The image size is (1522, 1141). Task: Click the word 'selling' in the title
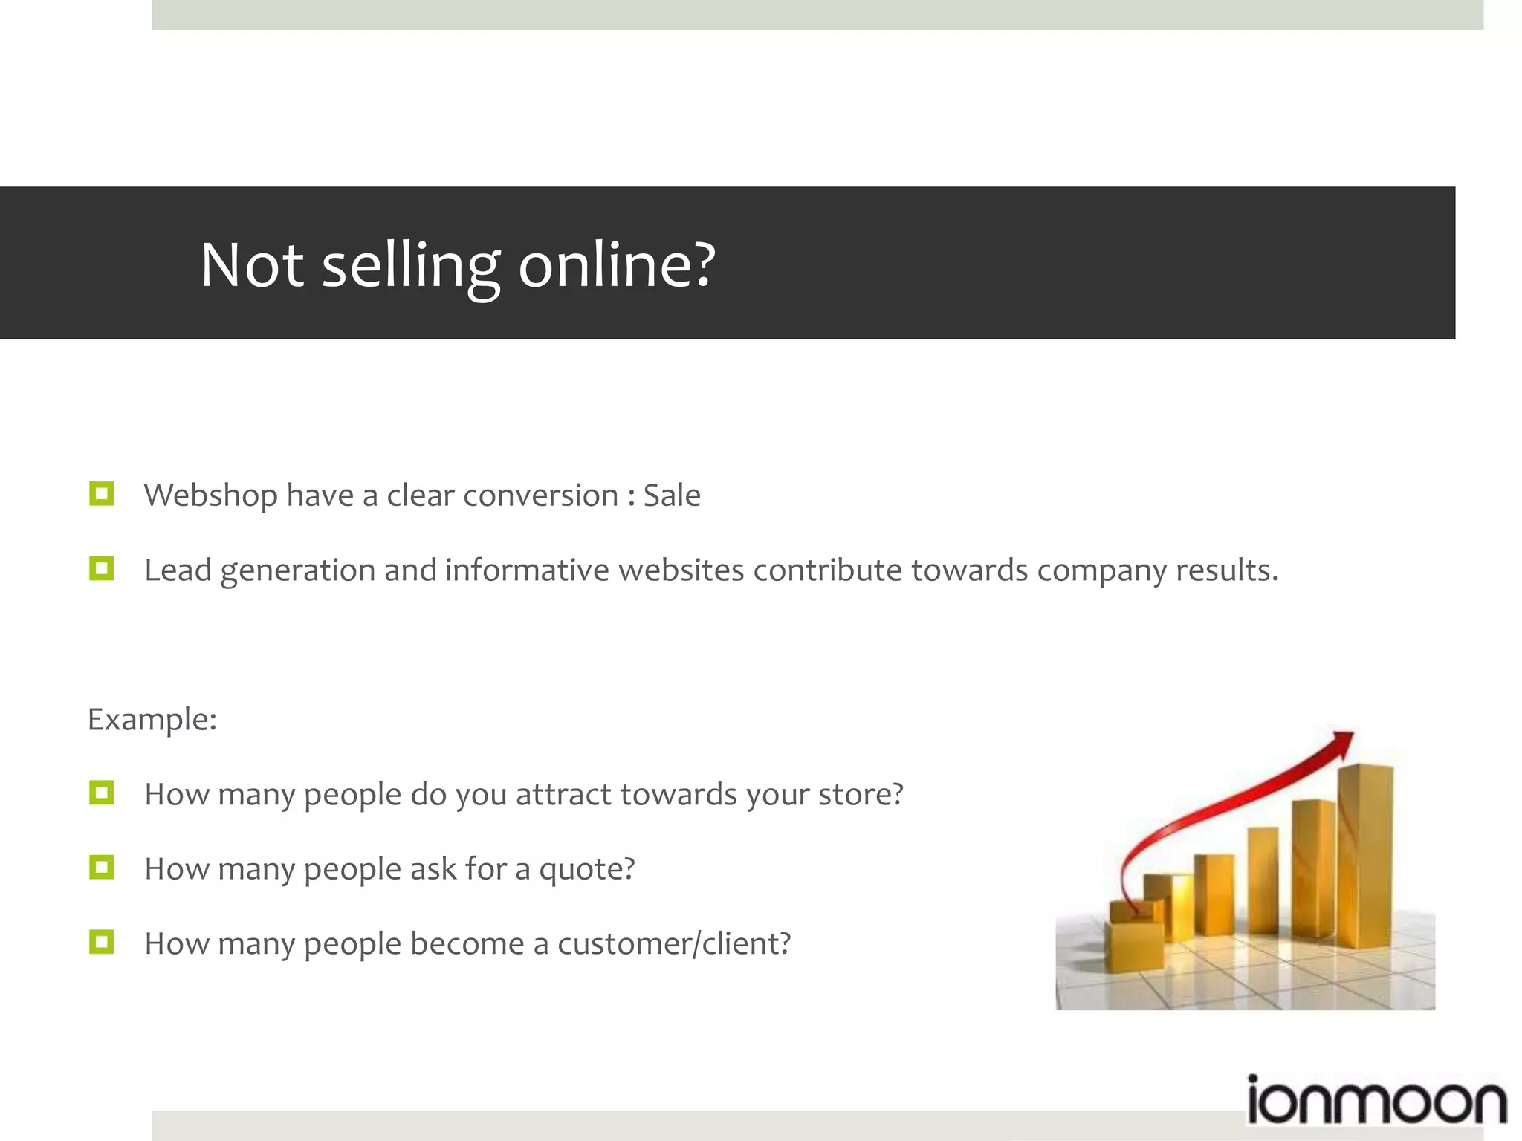411,265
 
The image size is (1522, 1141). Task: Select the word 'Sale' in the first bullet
671,495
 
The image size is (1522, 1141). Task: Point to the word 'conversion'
540,495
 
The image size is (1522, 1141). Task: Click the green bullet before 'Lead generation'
101,569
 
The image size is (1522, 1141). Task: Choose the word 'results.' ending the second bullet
1227,570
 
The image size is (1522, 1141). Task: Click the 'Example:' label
152,719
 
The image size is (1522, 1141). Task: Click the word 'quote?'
586,869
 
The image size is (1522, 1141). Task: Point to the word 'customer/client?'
674,943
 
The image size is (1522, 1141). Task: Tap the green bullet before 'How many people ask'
101,867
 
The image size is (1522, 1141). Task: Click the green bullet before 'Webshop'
101,494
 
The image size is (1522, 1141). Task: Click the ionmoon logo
1376,1101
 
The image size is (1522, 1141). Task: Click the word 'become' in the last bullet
467,943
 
